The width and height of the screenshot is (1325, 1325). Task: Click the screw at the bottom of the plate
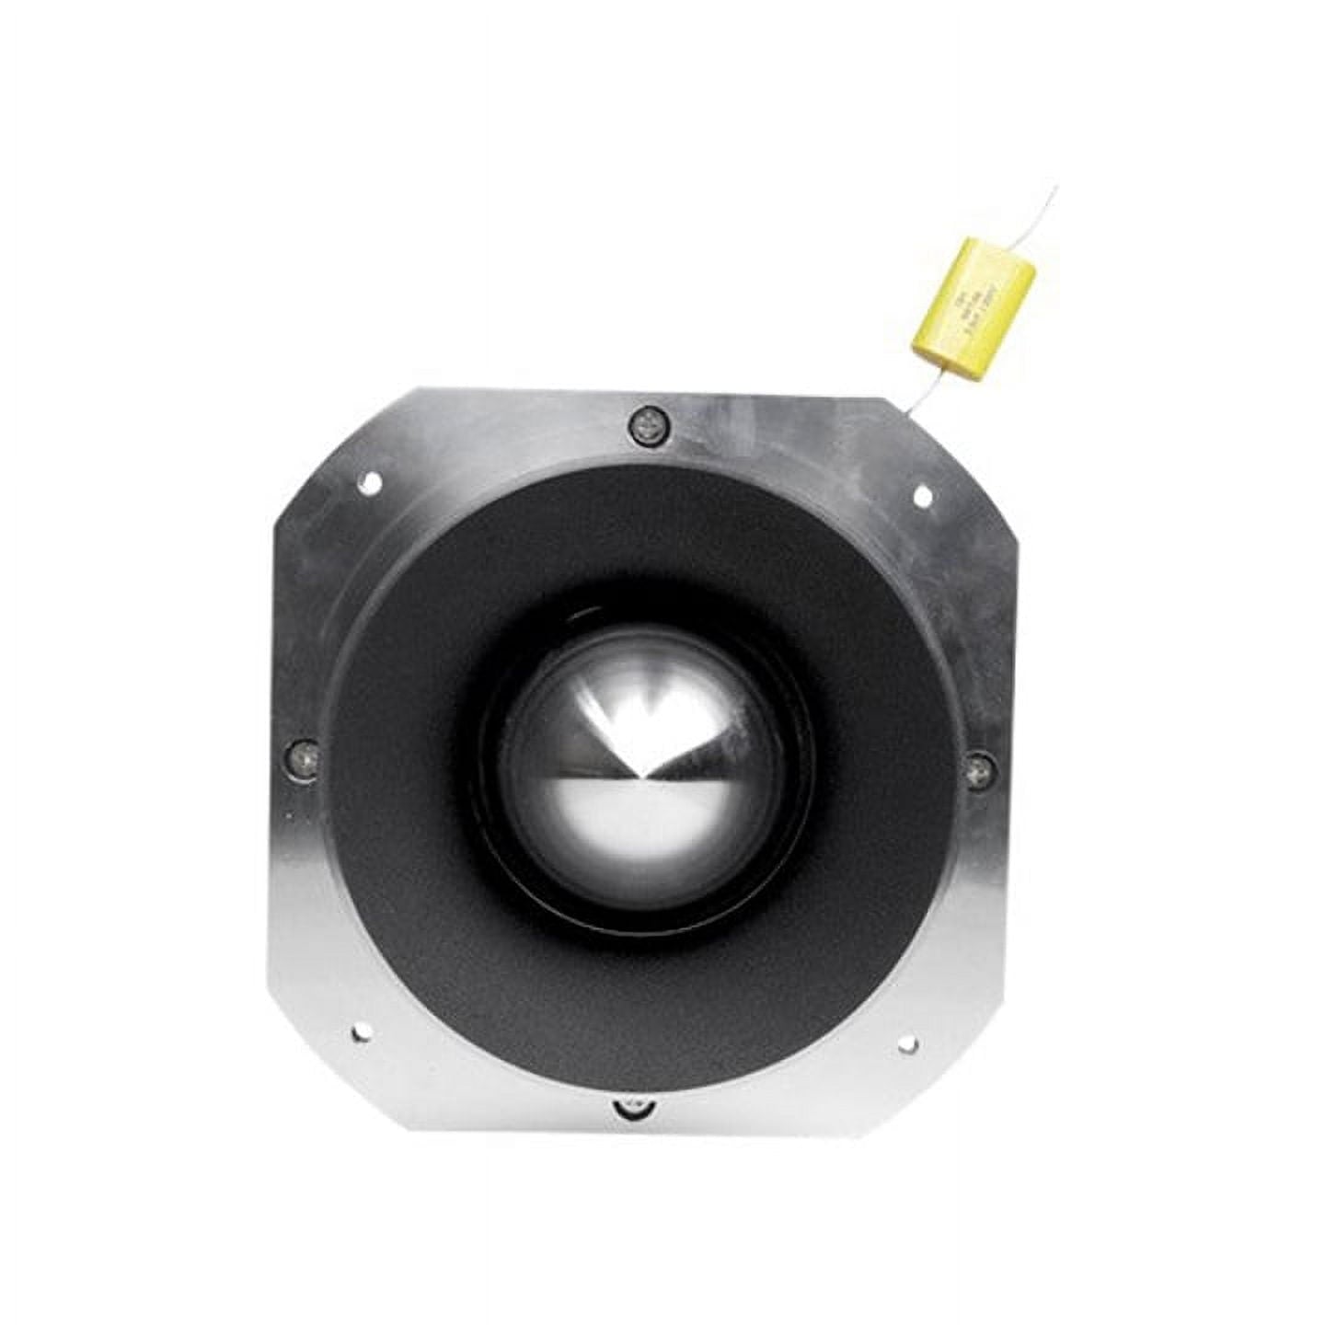(631, 1107)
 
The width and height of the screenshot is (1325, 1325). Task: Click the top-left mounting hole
(370, 478)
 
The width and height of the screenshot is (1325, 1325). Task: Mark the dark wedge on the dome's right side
(727, 736)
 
